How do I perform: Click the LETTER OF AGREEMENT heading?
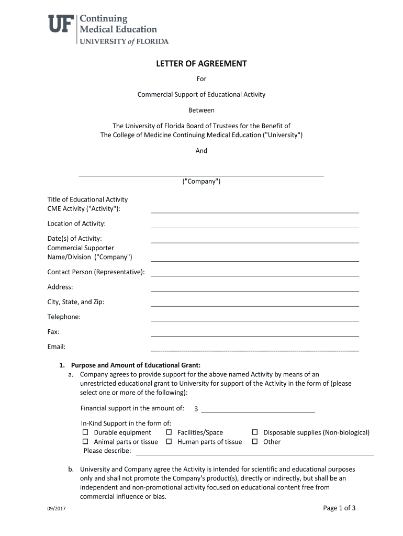(x=201, y=64)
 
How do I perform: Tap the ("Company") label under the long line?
(x=201, y=182)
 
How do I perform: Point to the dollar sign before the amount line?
(x=196, y=409)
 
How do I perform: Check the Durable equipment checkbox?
(x=85, y=432)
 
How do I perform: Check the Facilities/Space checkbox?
(x=169, y=432)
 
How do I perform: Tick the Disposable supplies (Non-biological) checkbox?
(x=255, y=432)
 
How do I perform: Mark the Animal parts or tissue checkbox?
(x=85, y=442)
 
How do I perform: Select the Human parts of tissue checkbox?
(x=169, y=442)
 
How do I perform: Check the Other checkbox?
(x=255, y=442)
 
